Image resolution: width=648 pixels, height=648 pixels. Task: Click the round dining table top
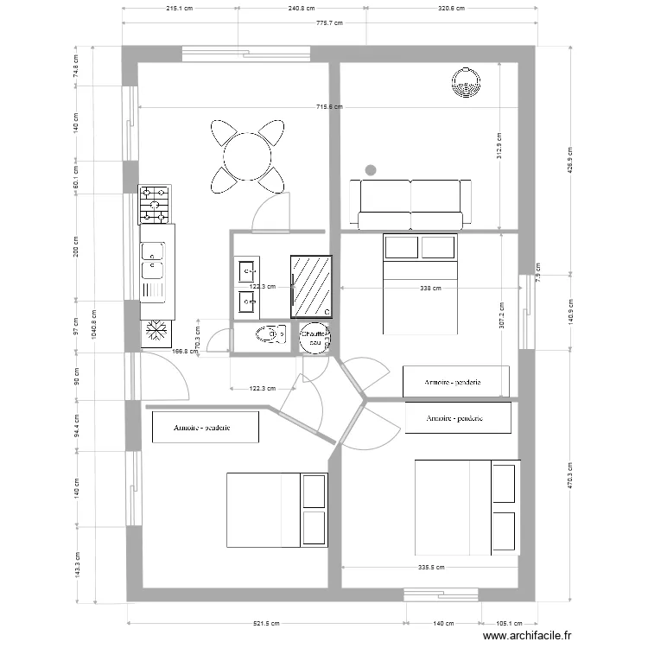[247, 156]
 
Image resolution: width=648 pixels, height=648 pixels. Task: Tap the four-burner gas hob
[156, 204]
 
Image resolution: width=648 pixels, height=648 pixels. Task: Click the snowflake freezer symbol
[157, 330]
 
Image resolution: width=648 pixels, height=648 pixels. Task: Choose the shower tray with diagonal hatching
[312, 285]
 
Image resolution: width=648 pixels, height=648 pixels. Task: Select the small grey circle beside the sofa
[371, 169]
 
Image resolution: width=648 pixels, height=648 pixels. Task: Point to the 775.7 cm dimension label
[329, 24]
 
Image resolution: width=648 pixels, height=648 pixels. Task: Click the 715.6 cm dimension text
[329, 107]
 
